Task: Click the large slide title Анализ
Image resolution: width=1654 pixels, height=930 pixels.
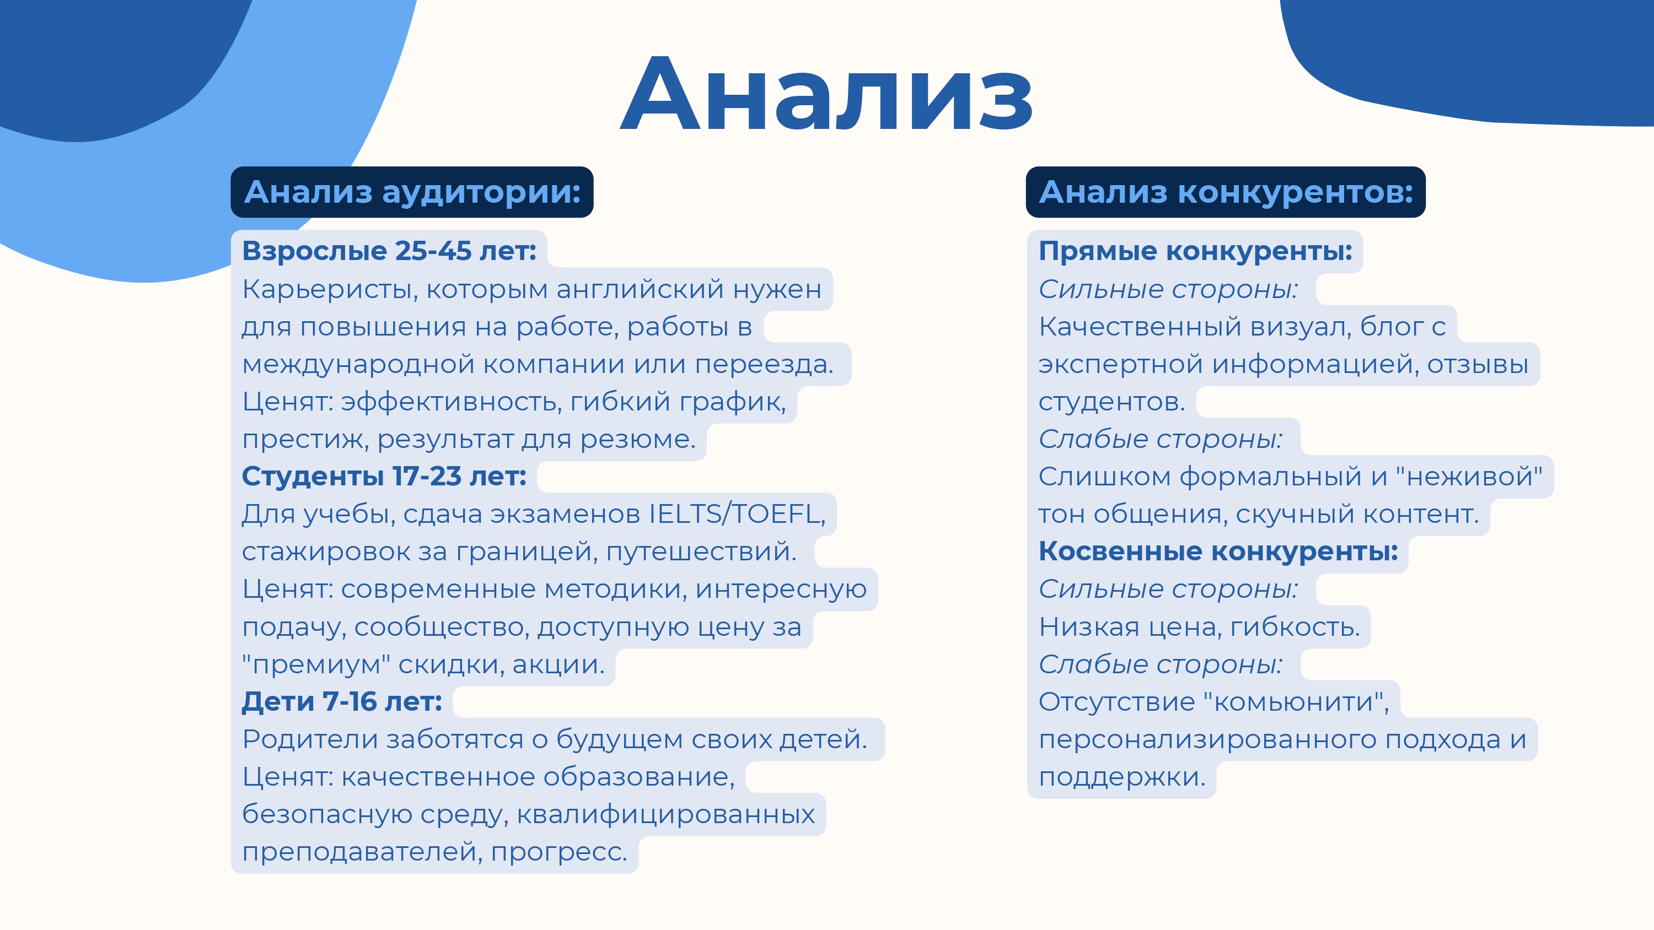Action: pyautogui.click(x=826, y=95)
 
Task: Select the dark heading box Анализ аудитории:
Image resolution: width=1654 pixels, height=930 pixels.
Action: pyautogui.click(x=412, y=192)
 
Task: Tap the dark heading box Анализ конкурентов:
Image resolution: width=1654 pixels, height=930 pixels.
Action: pyautogui.click(x=1225, y=192)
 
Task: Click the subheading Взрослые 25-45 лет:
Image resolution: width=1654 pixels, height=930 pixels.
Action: pyautogui.click(x=389, y=251)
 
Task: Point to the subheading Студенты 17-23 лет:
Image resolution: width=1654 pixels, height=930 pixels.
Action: pyautogui.click(x=383, y=476)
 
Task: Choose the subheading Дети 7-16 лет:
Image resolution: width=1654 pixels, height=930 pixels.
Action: pyautogui.click(x=342, y=701)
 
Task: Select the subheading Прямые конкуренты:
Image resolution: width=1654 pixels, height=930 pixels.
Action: pyautogui.click(x=1195, y=251)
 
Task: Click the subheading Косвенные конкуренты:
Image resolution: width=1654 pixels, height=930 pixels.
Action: pyautogui.click(x=1218, y=551)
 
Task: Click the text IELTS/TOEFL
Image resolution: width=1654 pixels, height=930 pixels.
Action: pyautogui.click(x=737, y=514)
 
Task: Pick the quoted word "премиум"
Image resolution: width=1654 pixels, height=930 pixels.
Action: pyautogui.click(x=316, y=664)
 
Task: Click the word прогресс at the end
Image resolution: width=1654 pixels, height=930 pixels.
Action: pyautogui.click(x=559, y=852)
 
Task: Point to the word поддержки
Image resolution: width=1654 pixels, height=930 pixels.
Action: pyautogui.click(x=1121, y=777)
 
